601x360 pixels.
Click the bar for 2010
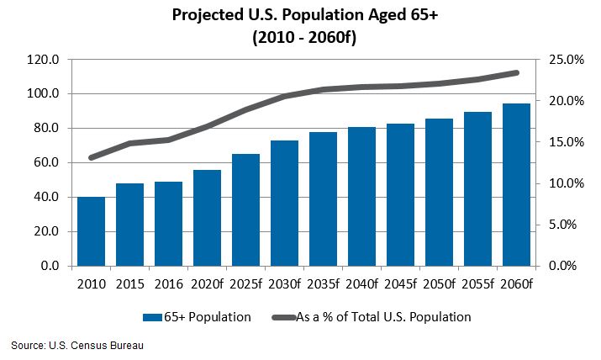click(91, 231)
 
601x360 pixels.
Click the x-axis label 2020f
click(207, 283)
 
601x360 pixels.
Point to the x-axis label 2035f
click(323, 283)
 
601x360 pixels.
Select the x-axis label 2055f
click(477, 283)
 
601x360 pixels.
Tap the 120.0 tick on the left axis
click(42, 60)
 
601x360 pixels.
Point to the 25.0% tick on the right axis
click(567, 60)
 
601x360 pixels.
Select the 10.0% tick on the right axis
click(567, 183)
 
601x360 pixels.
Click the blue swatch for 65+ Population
click(153, 317)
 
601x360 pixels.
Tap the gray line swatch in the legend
click(282, 317)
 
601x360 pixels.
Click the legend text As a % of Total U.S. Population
click(383, 317)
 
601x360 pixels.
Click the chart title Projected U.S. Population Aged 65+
click(301, 16)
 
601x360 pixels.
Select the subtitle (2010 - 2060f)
click(301, 37)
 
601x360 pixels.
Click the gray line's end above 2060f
click(516, 73)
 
